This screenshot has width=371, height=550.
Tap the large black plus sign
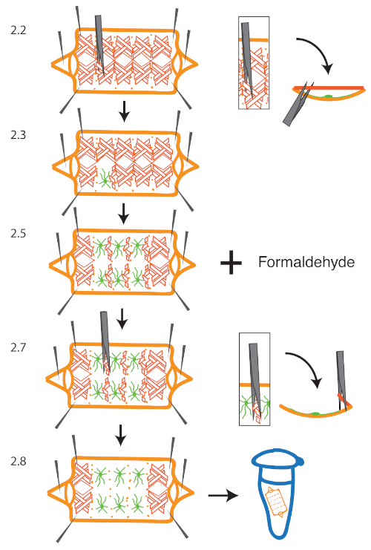click(232, 262)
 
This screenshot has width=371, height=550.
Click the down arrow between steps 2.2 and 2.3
click(124, 112)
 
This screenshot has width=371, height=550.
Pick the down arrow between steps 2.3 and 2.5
click(124, 213)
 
